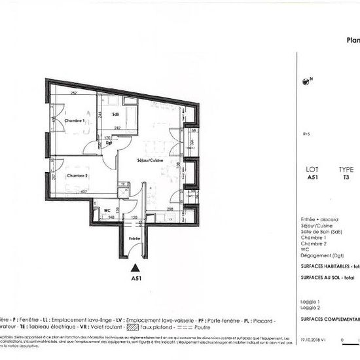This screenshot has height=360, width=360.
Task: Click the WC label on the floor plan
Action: coord(106,210)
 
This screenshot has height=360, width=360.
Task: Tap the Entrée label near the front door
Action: coord(134,240)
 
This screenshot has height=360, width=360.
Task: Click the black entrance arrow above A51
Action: coord(135,267)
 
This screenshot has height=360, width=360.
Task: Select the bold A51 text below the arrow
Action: coord(135,278)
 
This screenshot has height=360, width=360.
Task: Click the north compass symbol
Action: coord(305,82)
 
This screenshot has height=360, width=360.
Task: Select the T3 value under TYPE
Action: coord(345,177)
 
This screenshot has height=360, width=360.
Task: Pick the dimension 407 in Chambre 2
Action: coord(84,192)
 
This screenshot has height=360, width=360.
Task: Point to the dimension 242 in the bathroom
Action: coord(117,128)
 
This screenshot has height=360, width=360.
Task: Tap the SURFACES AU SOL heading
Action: coord(324,278)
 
